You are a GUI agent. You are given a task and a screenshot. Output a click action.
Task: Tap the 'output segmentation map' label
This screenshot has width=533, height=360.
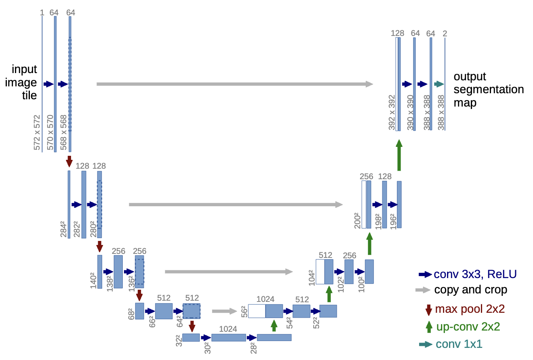click(x=489, y=89)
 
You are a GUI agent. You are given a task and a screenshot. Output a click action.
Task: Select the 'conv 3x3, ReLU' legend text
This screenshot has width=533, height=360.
click(x=475, y=274)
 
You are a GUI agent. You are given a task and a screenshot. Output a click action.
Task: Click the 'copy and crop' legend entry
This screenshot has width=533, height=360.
click(x=470, y=290)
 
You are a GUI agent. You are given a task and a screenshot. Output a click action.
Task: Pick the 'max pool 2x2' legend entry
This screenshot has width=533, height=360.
click(x=470, y=310)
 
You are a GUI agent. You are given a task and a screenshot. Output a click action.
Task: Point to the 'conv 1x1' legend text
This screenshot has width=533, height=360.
click(x=459, y=344)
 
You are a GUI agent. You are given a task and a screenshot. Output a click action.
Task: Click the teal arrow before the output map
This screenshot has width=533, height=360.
click(x=439, y=84)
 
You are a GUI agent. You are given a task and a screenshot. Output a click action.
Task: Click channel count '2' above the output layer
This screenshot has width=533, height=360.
click(x=445, y=33)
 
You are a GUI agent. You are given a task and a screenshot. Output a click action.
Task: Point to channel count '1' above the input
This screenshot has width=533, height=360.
click(x=42, y=13)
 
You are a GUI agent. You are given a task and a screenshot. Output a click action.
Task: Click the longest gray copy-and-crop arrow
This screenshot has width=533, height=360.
click(x=235, y=84)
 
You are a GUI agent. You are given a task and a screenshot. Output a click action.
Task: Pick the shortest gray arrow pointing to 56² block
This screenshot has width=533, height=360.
click(x=224, y=311)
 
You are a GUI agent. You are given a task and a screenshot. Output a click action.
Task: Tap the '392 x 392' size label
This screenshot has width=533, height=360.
click(x=392, y=113)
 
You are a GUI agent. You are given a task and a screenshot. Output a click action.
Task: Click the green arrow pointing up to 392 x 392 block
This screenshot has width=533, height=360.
click(x=399, y=155)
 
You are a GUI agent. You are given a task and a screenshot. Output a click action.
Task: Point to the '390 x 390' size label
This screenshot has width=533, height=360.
click(x=411, y=113)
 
